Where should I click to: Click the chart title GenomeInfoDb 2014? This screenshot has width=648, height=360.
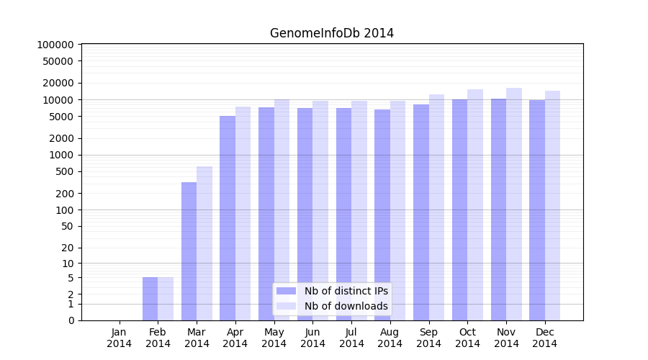[x=332, y=33]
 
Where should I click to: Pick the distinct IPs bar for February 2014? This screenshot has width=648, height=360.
[x=150, y=299]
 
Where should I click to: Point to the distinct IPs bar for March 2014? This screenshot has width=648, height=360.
[x=189, y=251]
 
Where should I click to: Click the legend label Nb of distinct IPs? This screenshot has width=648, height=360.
[x=346, y=291]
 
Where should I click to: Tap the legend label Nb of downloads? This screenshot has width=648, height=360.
[x=346, y=306]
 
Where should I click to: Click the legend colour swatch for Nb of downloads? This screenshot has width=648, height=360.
[x=287, y=306]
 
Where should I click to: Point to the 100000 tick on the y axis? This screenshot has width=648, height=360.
[x=55, y=45]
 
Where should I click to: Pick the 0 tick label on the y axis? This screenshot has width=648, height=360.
[x=71, y=320]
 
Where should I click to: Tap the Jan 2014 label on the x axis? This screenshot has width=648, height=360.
[x=120, y=338]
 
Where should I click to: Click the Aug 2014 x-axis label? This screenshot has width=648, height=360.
[x=390, y=338]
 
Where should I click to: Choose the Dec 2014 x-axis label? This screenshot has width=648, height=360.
[x=545, y=338]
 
